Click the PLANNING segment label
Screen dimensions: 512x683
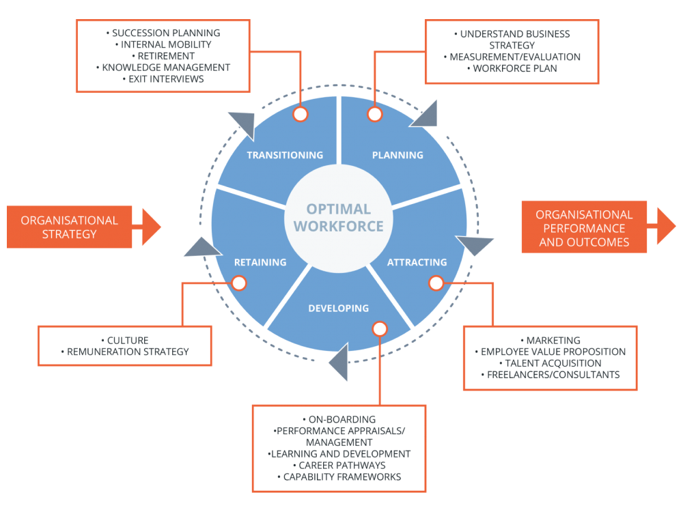[x=398, y=155]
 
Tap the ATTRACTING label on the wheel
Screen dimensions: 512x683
[x=417, y=262]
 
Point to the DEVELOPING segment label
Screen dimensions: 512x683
[x=339, y=309]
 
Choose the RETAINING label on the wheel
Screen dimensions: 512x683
[x=260, y=262]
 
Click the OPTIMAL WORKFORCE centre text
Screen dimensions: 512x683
[x=339, y=217]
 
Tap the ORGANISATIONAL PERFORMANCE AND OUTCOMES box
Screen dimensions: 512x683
[x=584, y=228]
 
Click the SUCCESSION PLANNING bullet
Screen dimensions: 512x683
[x=163, y=33]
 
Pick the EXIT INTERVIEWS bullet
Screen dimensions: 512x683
[x=163, y=79]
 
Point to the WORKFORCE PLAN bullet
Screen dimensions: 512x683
[x=512, y=68]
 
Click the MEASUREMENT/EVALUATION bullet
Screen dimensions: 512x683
[x=512, y=57]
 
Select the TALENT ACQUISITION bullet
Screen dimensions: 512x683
[x=550, y=363]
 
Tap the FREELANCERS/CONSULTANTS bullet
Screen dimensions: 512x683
[x=550, y=375]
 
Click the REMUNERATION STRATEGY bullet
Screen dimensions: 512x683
[x=125, y=352]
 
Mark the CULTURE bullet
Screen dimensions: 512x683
[x=125, y=340]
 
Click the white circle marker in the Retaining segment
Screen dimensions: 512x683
[x=238, y=282]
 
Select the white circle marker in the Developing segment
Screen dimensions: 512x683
[x=380, y=329]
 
